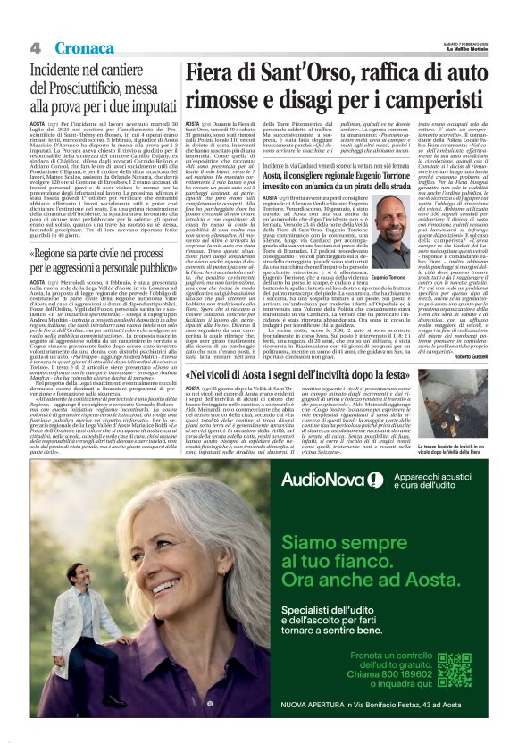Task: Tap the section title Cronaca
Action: (81, 47)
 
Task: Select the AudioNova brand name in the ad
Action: (322, 480)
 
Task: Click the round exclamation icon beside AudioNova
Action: (374, 480)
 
